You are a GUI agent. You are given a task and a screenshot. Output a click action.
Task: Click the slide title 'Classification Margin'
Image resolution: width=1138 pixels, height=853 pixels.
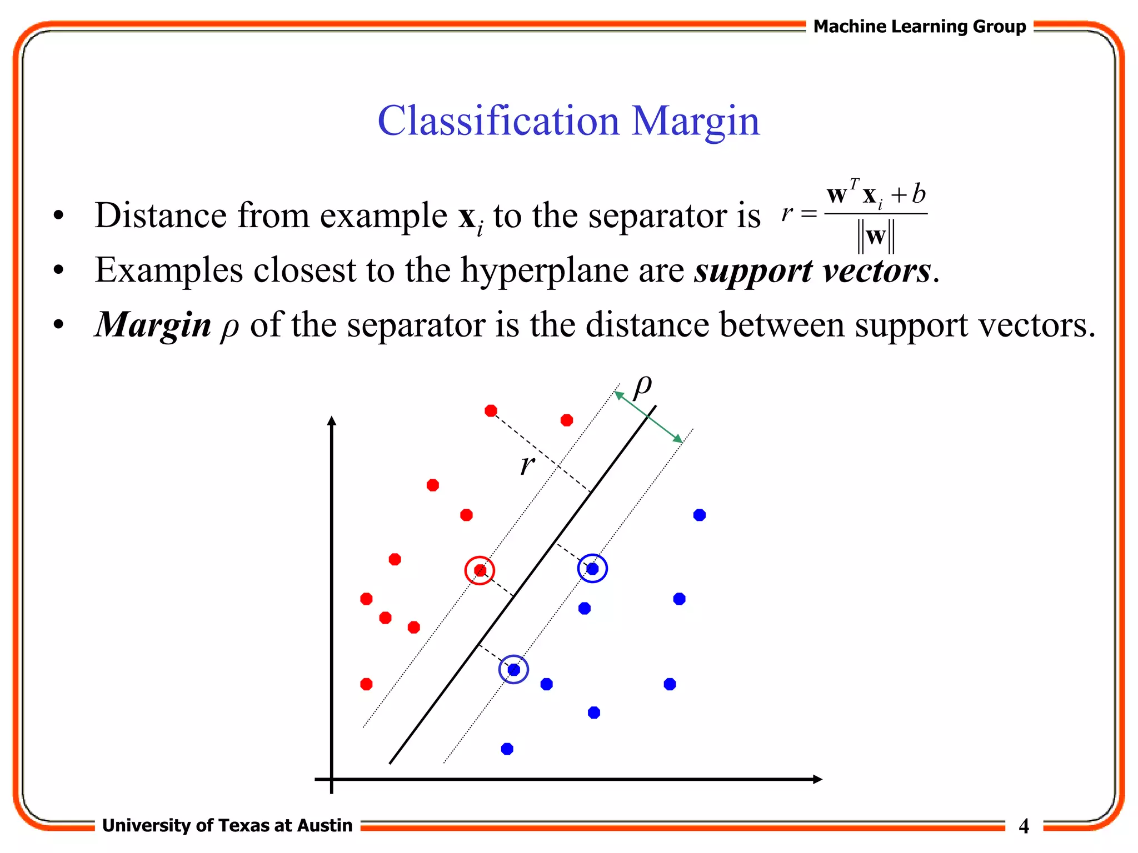[x=568, y=121]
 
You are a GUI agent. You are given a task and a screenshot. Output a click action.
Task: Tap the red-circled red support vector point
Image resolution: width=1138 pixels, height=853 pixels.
[x=480, y=570]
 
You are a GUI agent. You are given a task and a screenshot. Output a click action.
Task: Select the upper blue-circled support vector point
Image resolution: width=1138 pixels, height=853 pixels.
[x=592, y=569]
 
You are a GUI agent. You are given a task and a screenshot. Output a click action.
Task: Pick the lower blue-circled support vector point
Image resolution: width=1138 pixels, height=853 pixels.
[x=514, y=670]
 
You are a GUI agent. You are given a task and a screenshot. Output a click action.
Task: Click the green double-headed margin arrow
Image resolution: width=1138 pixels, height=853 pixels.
[x=648, y=417]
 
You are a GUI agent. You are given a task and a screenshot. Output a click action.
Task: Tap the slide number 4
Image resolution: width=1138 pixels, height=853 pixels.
[x=1024, y=826]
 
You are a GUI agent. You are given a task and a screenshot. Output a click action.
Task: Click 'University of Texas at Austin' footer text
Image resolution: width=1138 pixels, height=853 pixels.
[x=227, y=826]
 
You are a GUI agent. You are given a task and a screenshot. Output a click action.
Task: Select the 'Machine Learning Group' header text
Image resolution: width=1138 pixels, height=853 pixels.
[x=920, y=26]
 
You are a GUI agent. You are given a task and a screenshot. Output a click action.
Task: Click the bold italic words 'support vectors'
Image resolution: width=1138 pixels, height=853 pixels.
[x=812, y=271]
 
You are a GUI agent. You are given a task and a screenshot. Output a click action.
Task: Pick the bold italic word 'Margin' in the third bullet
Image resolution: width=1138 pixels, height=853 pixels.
[x=153, y=325]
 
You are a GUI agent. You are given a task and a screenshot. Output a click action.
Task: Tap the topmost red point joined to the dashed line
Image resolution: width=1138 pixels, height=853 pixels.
[x=491, y=411]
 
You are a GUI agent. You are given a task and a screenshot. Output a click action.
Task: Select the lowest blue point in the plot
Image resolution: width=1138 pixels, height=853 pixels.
[x=507, y=749]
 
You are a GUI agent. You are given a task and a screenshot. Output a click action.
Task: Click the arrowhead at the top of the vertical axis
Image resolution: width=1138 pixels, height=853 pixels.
[x=332, y=420]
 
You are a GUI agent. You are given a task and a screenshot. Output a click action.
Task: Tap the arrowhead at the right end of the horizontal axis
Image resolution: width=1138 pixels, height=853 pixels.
[x=817, y=779]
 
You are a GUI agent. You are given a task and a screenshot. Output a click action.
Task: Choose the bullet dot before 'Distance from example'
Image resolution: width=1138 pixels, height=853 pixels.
[x=58, y=215]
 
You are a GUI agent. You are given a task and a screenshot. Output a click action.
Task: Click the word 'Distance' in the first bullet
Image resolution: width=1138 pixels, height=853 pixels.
[x=161, y=215]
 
